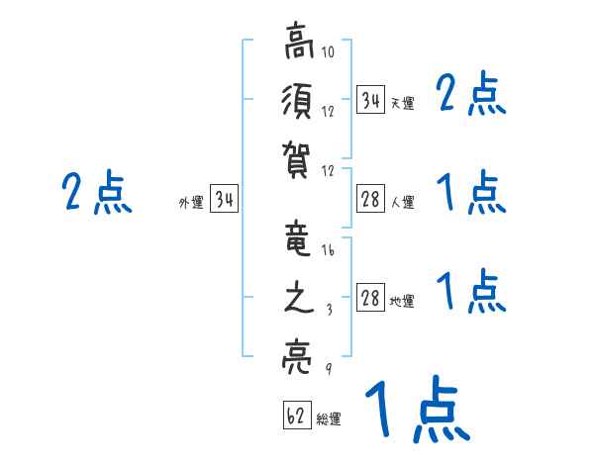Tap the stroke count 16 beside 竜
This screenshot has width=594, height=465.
click(x=328, y=250)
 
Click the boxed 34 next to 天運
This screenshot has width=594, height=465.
click(x=370, y=100)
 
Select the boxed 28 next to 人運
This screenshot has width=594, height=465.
click(x=370, y=199)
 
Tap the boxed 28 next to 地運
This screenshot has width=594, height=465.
click(x=370, y=298)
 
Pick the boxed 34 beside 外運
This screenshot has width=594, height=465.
click(x=224, y=200)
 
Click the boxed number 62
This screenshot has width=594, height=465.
click(x=296, y=416)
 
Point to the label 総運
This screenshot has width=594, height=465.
click(x=329, y=419)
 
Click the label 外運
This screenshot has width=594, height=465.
click(x=191, y=204)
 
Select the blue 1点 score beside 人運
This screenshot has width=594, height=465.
click(x=471, y=193)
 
